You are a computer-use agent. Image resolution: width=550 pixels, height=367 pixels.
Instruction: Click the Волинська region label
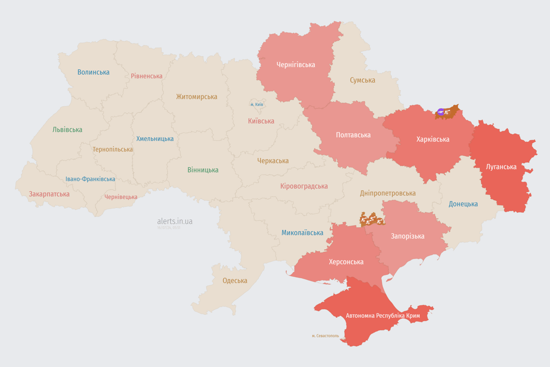94,72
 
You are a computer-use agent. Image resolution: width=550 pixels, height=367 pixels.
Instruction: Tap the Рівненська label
147,76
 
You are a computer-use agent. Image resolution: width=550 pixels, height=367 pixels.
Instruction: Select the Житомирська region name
196,97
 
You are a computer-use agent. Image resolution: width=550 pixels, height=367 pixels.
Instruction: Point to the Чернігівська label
296,65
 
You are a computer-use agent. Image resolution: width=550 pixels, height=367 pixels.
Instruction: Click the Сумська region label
362,80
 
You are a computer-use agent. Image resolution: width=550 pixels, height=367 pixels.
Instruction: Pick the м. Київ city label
256,104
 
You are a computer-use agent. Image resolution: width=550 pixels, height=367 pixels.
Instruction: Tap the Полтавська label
353,135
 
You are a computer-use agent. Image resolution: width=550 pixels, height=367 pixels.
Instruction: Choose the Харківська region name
433,139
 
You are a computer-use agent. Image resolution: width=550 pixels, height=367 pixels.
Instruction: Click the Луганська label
501,167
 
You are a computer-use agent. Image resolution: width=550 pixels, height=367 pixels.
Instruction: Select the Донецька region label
463,204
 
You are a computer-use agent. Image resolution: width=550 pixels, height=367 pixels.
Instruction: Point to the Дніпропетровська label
388,193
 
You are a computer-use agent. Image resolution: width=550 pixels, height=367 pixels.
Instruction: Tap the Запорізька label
407,236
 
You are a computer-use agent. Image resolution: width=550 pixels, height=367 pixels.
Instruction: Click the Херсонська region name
346,262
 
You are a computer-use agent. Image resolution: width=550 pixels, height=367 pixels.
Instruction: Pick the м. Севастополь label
325,336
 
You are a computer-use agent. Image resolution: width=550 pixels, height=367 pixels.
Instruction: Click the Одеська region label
235,281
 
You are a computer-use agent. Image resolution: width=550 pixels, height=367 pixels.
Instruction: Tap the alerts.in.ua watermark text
175,221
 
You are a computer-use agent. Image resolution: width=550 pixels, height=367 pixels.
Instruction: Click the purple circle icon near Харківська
441,112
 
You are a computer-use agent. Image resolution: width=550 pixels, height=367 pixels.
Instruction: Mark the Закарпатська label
49,194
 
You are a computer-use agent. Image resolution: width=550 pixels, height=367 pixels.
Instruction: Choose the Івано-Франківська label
90,179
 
